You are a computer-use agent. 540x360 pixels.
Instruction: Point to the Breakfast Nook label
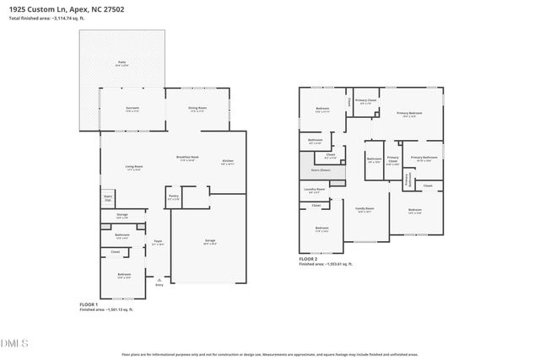pyautogui.click(x=187, y=159)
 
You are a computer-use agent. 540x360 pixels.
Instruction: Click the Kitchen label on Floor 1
pyautogui.click(x=228, y=162)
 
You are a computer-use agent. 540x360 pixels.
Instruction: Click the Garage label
pyautogui.click(x=209, y=242)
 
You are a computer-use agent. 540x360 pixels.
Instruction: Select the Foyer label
pyautogui.click(x=157, y=241)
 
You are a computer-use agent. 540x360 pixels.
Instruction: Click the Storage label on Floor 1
pyautogui.click(x=122, y=216)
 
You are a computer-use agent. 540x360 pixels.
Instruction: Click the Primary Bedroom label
pyautogui.click(x=408, y=113)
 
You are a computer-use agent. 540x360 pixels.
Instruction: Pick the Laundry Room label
pyautogui.click(x=315, y=190)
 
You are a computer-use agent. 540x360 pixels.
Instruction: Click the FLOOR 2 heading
pyautogui.click(x=309, y=259)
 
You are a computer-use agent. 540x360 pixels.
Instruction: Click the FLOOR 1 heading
pyautogui.click(x=89, y=304)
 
